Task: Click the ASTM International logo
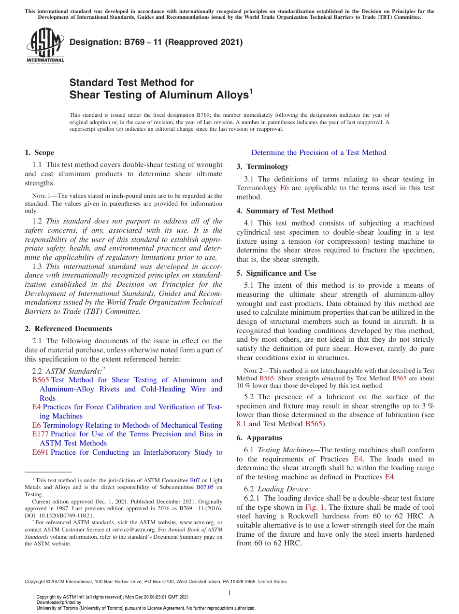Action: pos(45,46)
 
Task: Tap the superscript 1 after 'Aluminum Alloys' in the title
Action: pos(251,91)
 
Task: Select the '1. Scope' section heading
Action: pos(39,153)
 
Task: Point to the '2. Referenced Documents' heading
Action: pos(68,329)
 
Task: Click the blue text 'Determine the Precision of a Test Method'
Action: pos(318,153)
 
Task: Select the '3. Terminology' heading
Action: pos(262,167)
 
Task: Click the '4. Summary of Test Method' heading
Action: pos(285,211)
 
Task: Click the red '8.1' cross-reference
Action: pos(241,424)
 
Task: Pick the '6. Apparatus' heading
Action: pos(259,438)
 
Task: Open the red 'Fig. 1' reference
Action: pos(315,507)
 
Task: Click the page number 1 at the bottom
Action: pos(229,593)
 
